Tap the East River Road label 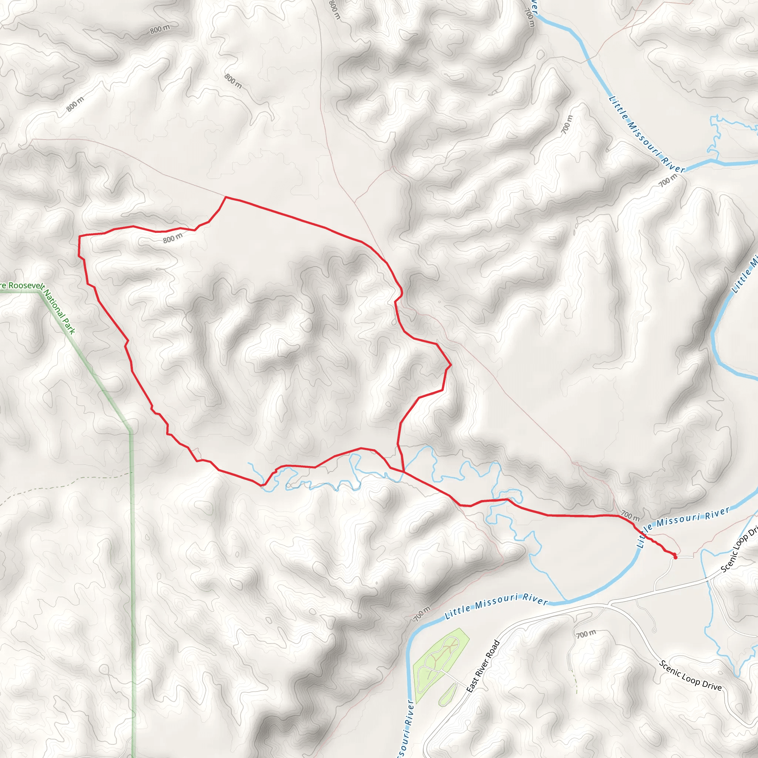[483, 666]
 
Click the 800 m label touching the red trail [172, 238]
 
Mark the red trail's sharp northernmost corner [226, 197]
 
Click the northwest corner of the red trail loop [80, 236]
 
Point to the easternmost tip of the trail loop [451, 365]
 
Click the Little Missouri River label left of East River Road [496, 606]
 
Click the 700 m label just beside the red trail [630, 515]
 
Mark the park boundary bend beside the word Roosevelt [40, 291]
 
